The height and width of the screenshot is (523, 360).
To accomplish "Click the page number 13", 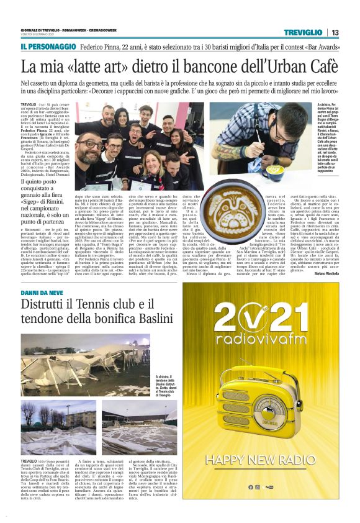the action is [335, 32].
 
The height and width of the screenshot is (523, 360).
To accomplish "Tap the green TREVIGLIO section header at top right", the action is [302, 32].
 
